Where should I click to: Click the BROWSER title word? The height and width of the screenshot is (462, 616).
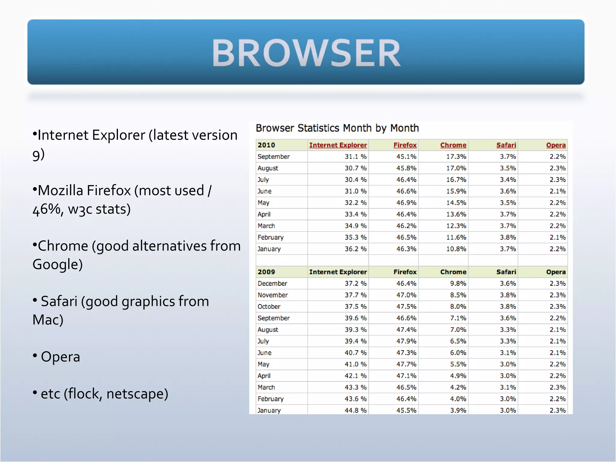(x=306, y=53)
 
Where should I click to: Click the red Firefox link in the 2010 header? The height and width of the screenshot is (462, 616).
(x=405, y=145)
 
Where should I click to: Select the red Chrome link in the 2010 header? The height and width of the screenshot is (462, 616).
(x=453, y=145)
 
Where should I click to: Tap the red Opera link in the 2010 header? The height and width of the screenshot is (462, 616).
(x=556, y=145)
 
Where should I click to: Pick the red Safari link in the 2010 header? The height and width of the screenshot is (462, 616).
(x=506, y=145)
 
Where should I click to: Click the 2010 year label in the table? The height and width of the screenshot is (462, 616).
(x=266, y=145)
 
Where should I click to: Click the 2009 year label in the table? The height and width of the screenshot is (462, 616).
(x=266, y=272)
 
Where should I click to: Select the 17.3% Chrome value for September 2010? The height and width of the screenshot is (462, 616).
(x=456, y=157)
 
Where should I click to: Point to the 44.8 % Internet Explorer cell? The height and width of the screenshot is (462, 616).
(x=356, y=410)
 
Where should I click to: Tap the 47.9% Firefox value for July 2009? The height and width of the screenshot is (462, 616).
(x=406, y=341)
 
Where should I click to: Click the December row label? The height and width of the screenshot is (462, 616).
(x=272, y=283)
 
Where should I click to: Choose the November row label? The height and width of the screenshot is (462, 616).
(x=273, y=295)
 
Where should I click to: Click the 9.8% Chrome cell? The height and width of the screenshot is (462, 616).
(x=458, y=283)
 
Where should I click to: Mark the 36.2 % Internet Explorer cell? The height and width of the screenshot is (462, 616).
(x=356, y=249)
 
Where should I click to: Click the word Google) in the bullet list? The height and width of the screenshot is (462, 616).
(x=57, y=264)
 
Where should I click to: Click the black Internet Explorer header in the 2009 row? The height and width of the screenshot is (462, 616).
(x=338, y=272)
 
